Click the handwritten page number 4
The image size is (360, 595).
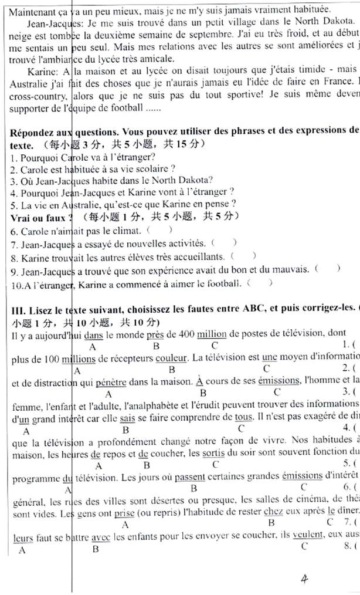coord(304,564)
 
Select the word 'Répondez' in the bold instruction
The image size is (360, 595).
coord(32,131)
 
